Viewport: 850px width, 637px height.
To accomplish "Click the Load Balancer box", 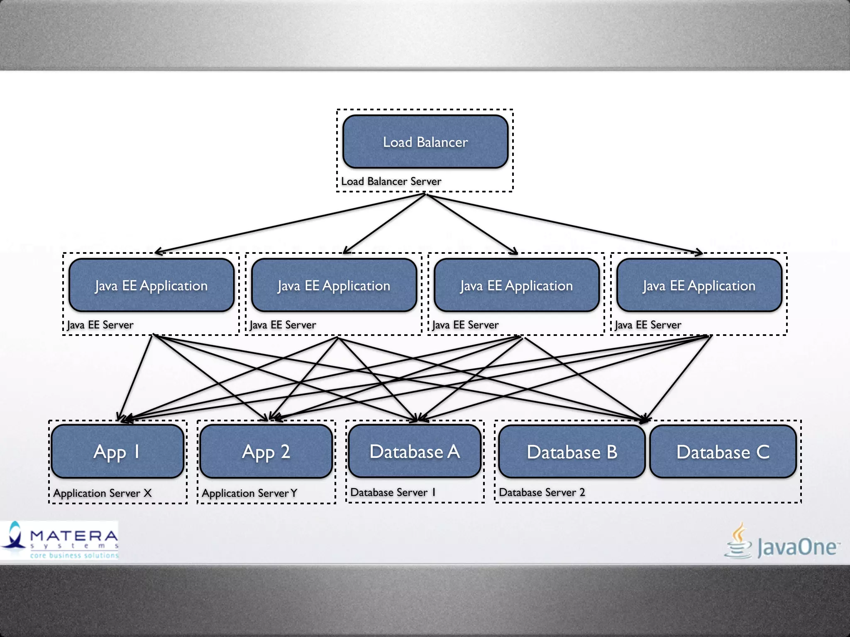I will (x=425, y=142).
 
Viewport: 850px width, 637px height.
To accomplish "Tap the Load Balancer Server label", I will (x=391, y=181).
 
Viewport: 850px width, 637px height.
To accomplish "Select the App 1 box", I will (x=117, y=451).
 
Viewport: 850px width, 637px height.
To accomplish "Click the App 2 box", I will (x=266, y=451).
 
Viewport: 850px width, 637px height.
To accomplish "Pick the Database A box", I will (x=415, y=451).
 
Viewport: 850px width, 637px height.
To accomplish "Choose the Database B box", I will (x=572, y=452).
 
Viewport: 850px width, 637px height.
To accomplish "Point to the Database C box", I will (x=723, y=452).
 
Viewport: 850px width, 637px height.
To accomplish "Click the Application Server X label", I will (x=103, y=493).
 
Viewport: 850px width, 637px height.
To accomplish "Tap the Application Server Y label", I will (x=249, y=493).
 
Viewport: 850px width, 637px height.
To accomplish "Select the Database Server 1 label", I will (x=393, y=492).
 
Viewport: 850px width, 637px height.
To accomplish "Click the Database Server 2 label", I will (x=542, y=492).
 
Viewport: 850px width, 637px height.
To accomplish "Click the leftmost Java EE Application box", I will (x=151, y=285).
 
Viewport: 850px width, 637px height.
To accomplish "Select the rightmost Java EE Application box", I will (x=699, y=285).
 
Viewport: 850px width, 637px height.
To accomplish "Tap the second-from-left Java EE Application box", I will (x=334, y=285).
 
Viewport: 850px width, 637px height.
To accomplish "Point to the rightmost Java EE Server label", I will (x=648, y=325).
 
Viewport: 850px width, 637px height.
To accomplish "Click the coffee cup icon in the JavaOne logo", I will (x=738, y=541).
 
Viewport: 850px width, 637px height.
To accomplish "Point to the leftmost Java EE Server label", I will (x=100, y=325).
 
